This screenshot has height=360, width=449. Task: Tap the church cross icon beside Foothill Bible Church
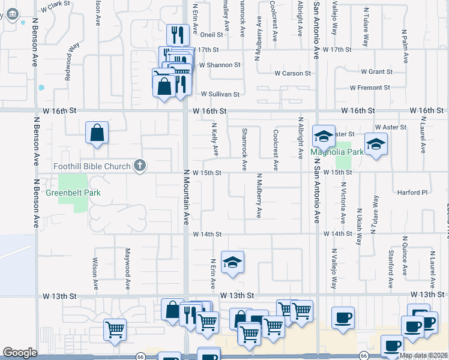click(140, 166)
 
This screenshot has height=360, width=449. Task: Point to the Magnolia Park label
click(336, 152)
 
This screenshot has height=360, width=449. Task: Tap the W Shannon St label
click(220, 65)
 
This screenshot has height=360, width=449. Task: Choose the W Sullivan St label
click(220, 94)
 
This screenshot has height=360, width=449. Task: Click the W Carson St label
click(293, 73)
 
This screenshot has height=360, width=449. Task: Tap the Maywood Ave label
click(127, 263)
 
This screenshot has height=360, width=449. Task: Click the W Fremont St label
click(370, 88)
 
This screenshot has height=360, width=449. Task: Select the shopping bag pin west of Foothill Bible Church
click(97, 133)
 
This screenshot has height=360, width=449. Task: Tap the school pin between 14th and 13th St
click(232, 262)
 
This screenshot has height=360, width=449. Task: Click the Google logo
click(20, 353)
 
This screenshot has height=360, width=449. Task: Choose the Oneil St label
click(211, 35)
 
